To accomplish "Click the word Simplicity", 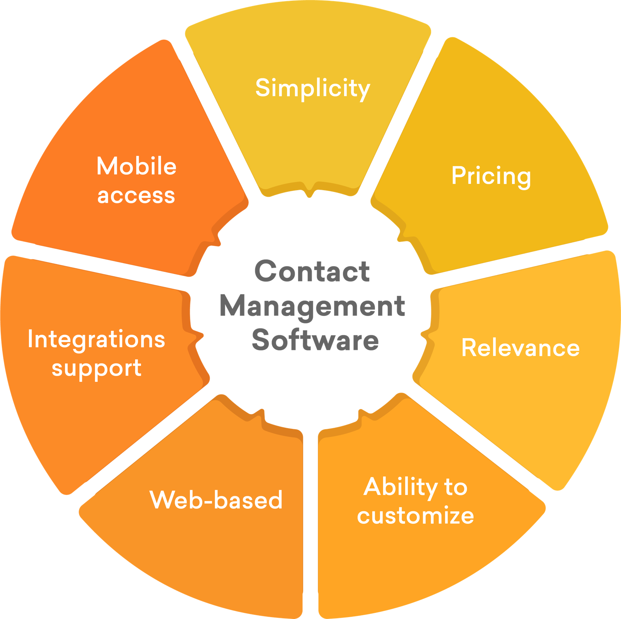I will pos(312,88).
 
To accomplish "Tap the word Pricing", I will pos(491,176).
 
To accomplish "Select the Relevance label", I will pos(520,348).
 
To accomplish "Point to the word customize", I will pos(415,516).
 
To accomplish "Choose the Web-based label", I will pos(216,500).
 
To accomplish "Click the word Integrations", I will pos(96,340).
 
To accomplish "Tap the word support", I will pos(96,368).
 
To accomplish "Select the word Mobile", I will pos(136,166).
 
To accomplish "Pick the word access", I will pos(136,195).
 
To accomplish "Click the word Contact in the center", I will pos(312,271).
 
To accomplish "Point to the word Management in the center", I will pos(312,306).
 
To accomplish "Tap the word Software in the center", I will pos(315,340).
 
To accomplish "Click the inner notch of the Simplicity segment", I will pos(309,192).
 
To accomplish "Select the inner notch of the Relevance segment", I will pos(425,335).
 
